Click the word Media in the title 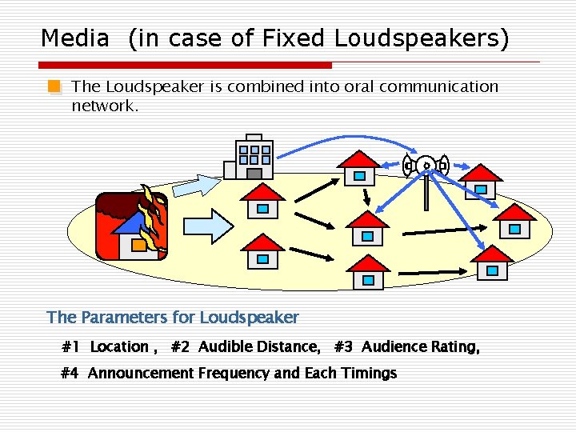click(x=74, y=38)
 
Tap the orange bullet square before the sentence click(x=53, y=86)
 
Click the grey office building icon click(x=250, y=159)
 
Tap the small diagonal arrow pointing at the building click(x=195, y=184)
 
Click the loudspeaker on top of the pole click(x=426, y=166)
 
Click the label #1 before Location click(x=71, y=347)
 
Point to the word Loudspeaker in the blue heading click(x=249, y=318)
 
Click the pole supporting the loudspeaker click(x=426, y=192)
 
